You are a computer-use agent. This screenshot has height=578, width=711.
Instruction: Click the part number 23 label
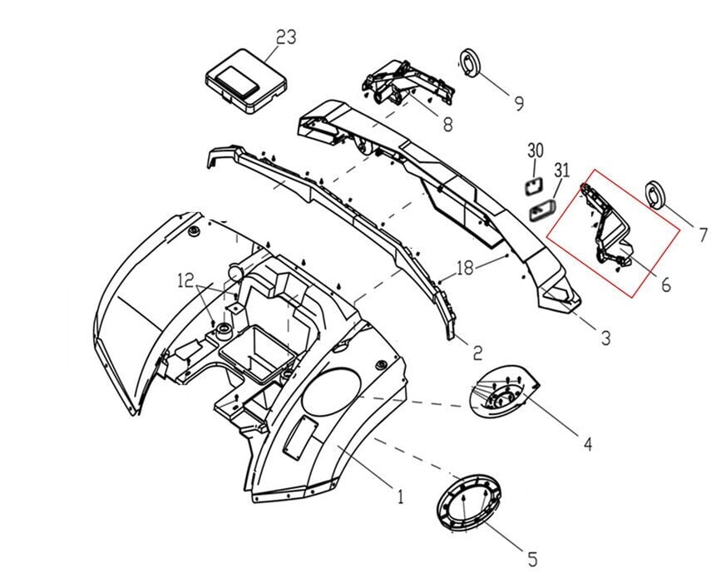point(286,37)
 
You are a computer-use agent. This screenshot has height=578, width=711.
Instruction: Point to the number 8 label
point(447,126)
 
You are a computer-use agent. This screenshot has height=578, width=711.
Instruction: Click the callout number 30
point(536,151)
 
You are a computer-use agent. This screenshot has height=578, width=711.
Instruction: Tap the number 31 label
point(562,171)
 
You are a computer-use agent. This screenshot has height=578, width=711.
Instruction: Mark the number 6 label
point(666,284)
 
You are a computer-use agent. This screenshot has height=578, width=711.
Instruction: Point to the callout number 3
point(605,338)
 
